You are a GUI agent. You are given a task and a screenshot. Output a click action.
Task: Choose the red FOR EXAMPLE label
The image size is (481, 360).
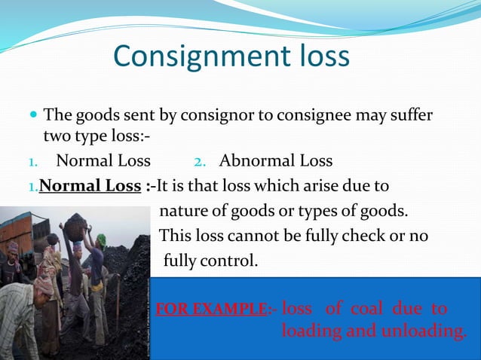[211, 310]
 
